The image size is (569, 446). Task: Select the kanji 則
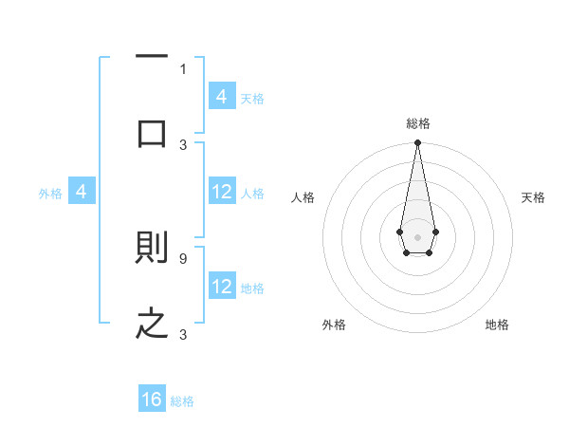coord(153,249)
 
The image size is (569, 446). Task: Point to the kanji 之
coord(153,324)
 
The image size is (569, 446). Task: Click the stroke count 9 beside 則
coord(183,257)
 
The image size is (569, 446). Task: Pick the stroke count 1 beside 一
coord(183,68)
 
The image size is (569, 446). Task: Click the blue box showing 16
coord(153,400)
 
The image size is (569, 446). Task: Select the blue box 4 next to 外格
coord(82,192)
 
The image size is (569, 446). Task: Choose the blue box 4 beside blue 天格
coord(222,96)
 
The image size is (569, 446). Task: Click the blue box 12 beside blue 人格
coord(222,192)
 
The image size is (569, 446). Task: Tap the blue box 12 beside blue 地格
coord(222,286)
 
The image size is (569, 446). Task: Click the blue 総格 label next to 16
coord(182,401)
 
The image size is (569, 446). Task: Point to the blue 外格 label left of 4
coord(50,193)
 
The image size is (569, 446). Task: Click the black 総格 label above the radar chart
coord(417,123)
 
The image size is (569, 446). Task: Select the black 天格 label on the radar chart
coord(533,197)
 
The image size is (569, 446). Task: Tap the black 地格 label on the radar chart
coord(497,325)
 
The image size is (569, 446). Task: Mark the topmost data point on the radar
coord(417,143)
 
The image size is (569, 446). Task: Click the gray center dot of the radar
coord(417,235)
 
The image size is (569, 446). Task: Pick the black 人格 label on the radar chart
coord(303,197)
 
